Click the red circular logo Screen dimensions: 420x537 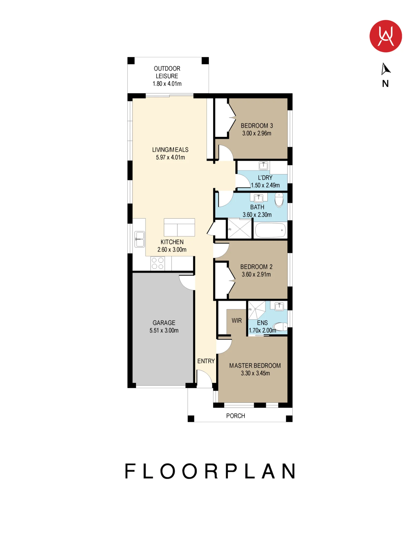point(385,36)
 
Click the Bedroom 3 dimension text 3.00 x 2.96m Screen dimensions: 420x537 point(257,133)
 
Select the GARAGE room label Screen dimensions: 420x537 point(164,323)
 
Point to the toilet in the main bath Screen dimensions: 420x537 point(279,200)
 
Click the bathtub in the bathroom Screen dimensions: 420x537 point(270,230)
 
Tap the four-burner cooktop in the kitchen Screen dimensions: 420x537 point(157,263)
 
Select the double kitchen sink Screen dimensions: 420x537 point(139,239)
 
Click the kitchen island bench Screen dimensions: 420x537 point(179,227)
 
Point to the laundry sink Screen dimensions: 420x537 point(263,166)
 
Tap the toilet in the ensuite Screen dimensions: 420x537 point(280,326)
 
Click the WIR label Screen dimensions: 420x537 point(237,321)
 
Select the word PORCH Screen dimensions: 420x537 point(235,416)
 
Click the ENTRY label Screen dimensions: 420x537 point(206,361)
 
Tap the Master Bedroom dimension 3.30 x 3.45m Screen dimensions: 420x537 point(255,373)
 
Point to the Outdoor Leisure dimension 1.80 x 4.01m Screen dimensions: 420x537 point(167,84)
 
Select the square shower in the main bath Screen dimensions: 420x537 point(240,229)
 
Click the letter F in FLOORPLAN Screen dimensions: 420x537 point(130,471)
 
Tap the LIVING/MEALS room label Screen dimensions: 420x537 point(170,150)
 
